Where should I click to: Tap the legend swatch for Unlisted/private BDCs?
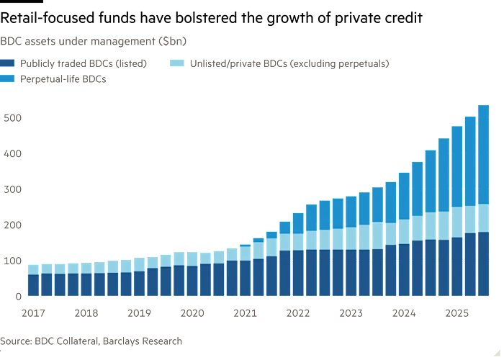tap(176, 63)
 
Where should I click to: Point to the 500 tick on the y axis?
tap(10, 117)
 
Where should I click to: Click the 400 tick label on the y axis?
tap(10, 153)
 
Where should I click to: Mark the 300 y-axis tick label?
tap(10, 189)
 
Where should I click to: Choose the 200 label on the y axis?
tap(10, 225)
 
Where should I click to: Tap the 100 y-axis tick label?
tap(10, 260)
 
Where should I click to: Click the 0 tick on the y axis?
tap(15, 296)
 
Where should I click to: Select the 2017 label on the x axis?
tap(33, 313)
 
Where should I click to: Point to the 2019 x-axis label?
tap(140, 313)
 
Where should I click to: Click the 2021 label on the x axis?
tap(246, 313)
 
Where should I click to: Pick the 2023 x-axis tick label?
tap(351, 313)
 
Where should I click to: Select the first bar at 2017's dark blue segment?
tap(33, 285)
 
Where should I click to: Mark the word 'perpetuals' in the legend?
tap(364, 63)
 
